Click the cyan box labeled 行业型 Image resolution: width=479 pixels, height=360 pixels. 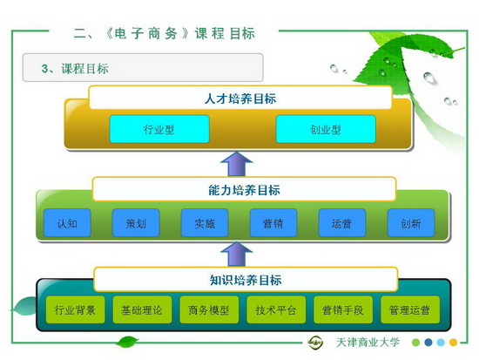(159, 129)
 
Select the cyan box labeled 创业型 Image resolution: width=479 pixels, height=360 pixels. (326, 129)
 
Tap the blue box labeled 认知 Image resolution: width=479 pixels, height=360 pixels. (67, 223)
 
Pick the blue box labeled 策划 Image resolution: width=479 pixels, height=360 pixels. (136, 223)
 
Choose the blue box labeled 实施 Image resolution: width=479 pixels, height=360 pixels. (205, 223)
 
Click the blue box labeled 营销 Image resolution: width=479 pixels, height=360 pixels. (273, 223)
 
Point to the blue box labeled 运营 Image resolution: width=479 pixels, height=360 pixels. (342, 223)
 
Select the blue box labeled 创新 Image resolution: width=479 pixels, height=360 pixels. (411, 223)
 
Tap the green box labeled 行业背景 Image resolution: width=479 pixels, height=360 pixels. (75, 309)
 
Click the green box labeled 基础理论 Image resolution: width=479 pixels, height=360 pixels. (142, 309)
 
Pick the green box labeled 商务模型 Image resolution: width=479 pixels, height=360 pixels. (209, 309)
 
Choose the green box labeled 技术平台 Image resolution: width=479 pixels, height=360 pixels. (276, 309)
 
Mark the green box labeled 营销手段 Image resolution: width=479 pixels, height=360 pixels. (343, 309)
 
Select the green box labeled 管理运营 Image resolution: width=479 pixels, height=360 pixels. (410, 309)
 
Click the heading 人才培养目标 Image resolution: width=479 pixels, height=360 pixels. (240, 98)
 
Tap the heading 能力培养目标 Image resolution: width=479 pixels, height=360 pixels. (244, 190)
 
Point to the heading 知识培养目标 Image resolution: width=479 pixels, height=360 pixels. (246, 280)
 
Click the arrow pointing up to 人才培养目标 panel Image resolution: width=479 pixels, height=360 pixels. (236, 164)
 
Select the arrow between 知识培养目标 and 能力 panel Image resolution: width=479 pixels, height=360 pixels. (236, 254)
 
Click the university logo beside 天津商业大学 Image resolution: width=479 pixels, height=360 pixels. (315, 342)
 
